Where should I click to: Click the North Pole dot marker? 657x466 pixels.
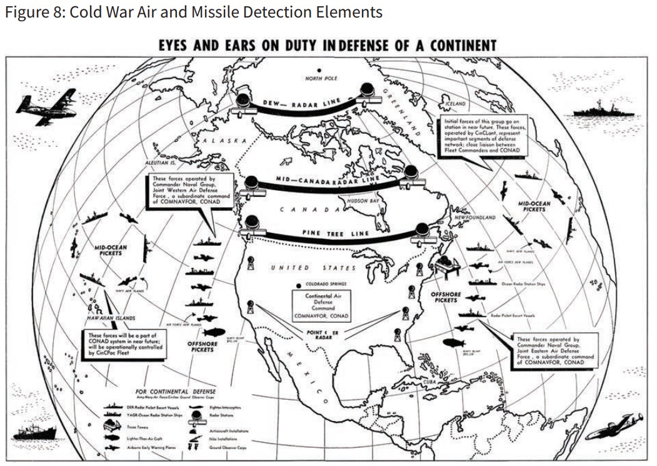click(319, 70)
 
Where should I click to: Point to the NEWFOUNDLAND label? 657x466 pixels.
click(475, 217)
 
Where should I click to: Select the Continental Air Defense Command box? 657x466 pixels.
click(322, 305)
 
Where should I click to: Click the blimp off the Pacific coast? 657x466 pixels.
click(217, 332)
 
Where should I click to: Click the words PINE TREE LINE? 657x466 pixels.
click(336, 233)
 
